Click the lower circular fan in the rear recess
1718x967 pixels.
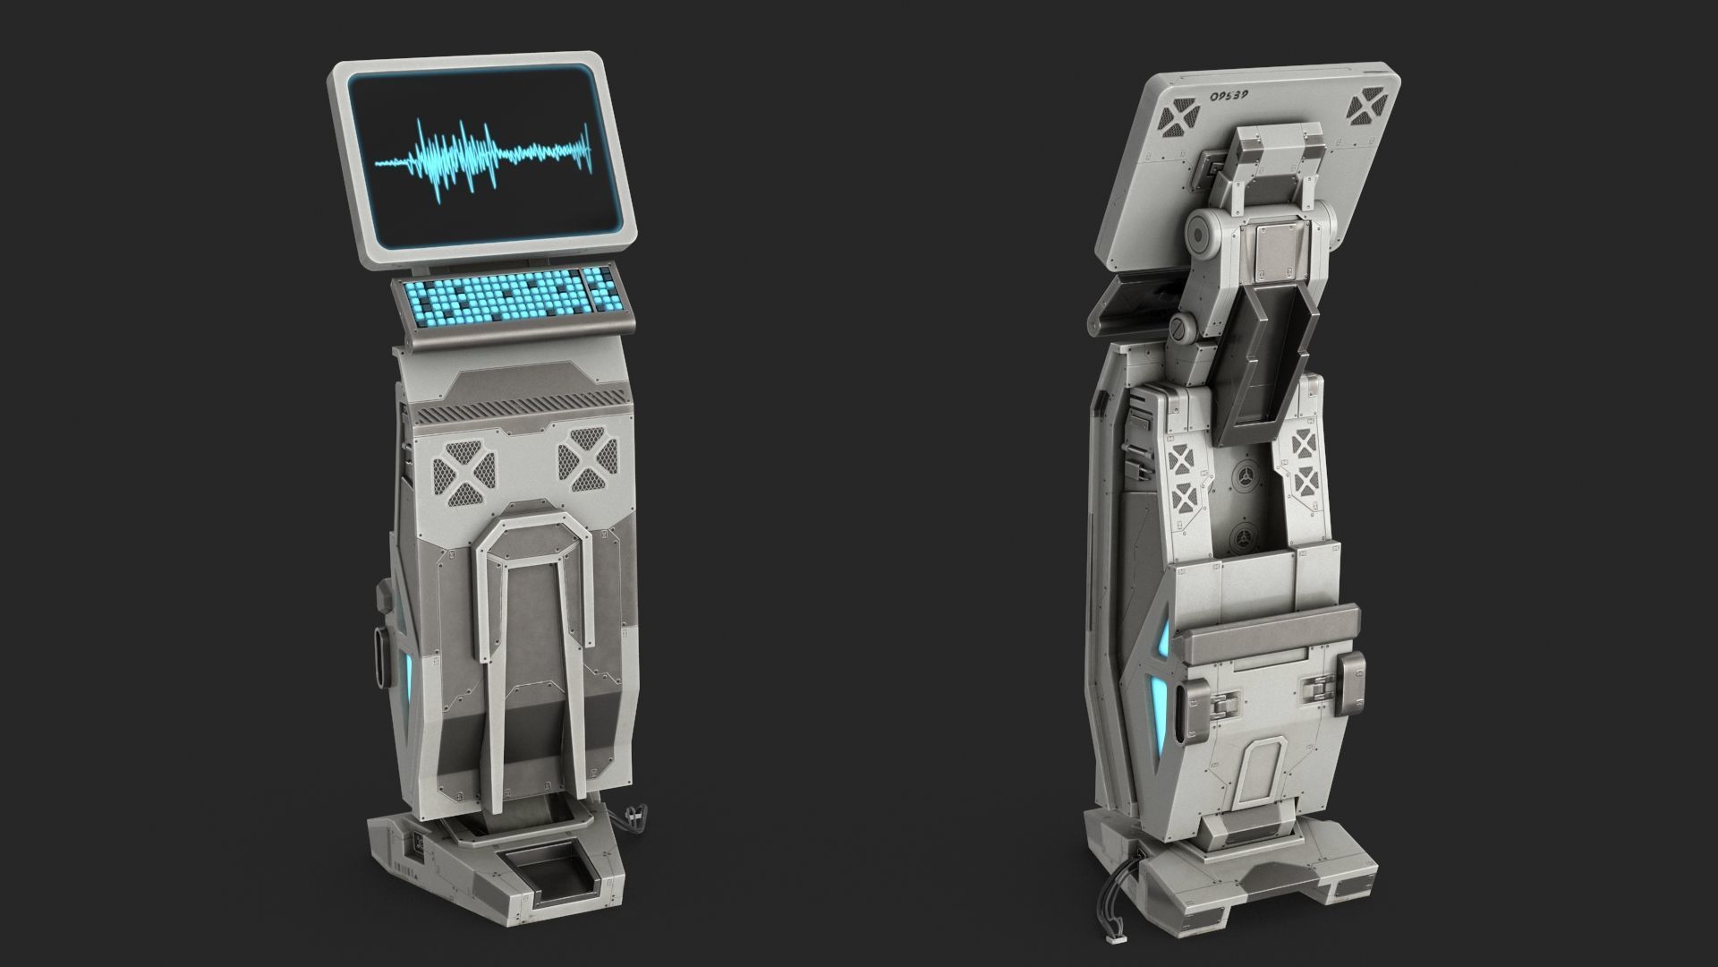(x=1243, y=538)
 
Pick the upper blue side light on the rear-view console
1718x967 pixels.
(x=1162, y=641)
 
